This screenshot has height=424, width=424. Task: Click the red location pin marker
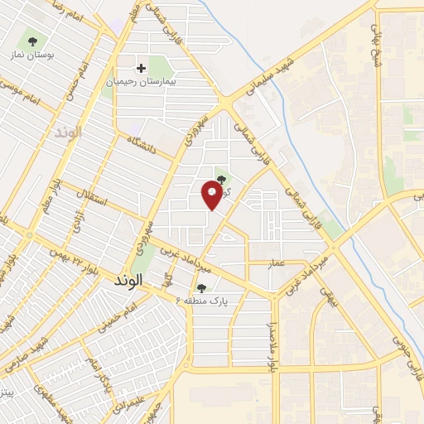coord(211,195)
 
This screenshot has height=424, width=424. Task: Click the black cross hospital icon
coord(140,69)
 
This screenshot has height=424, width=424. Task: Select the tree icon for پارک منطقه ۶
coord(200,289)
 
